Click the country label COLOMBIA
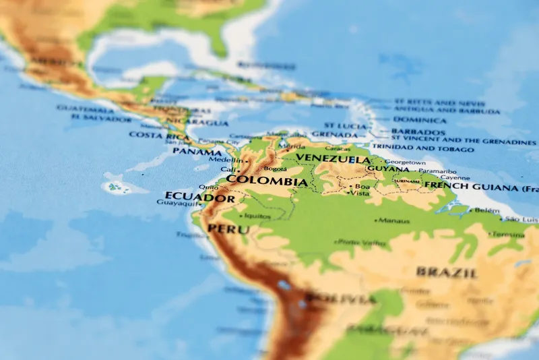(x=267, y=181)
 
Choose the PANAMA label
(x=197, y=151)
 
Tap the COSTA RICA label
(x=158, y=135)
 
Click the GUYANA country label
(x=387, y=169)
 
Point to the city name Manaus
(x=394, y=220)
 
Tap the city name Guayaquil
(x=177, y=202)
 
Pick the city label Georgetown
(x=405, y=162)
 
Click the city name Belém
(x=487, y=210)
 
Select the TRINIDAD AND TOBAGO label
(x=422, y=148)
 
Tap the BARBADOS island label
(x=418, y=131)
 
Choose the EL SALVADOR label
(x=101, y=119)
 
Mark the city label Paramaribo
(x=437, y=171)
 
